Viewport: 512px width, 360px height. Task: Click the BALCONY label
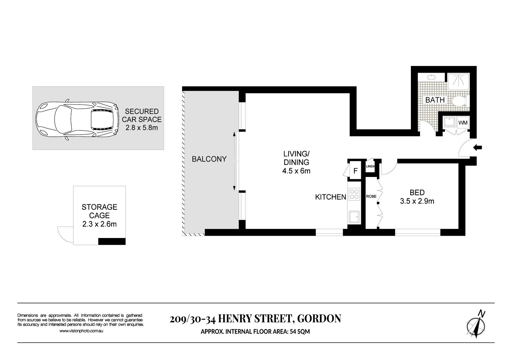(209, 159)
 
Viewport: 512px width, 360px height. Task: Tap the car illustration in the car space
(77, 119)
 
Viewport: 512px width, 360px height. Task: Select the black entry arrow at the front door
(478, 148)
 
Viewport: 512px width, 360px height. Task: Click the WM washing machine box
(463, 123)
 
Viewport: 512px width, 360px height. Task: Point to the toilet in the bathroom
(459, 101)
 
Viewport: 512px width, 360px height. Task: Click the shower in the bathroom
(459, 81)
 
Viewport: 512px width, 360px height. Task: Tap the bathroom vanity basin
(431, 77)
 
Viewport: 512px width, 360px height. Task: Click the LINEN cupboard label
(370, 166)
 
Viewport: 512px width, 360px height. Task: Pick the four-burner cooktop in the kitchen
(354, 194)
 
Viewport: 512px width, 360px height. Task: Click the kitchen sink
(354, 217)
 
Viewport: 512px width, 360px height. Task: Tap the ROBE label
(371, 196)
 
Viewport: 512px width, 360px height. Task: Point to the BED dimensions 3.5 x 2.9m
(417, 201)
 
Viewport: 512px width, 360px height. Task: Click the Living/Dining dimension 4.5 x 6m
(296, 171)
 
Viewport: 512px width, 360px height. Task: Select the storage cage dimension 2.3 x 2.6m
(99, 224)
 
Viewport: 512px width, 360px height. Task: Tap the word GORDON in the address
(319, 318)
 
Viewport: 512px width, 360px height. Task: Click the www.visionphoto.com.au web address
(81, 331)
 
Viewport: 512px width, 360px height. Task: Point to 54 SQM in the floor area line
(300, 331)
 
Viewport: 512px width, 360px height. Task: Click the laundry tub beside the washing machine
(449, 122)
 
